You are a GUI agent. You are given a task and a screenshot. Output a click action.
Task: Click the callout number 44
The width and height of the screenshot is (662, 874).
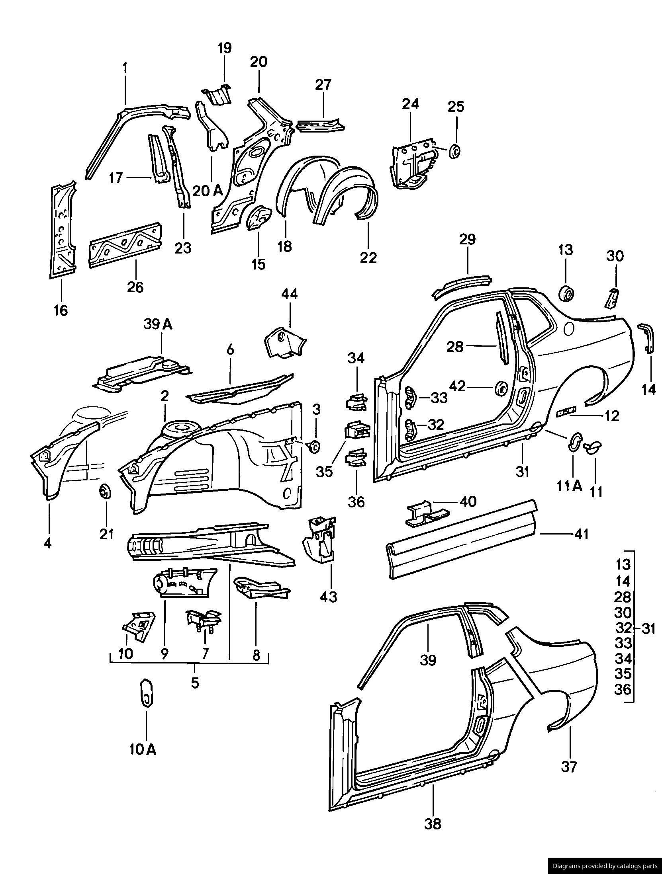[290, 295]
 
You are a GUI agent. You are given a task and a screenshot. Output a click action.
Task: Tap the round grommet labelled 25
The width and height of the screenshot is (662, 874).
[454, 152]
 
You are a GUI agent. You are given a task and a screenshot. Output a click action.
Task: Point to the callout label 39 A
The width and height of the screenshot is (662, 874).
[158, 325]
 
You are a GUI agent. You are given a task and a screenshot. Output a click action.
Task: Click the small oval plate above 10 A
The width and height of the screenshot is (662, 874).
[146, 692]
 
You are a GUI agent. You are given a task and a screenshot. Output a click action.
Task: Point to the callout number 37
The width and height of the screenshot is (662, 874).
[569, 766]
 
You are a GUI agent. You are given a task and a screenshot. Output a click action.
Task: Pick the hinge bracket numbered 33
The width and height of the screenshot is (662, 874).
[409, 397]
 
